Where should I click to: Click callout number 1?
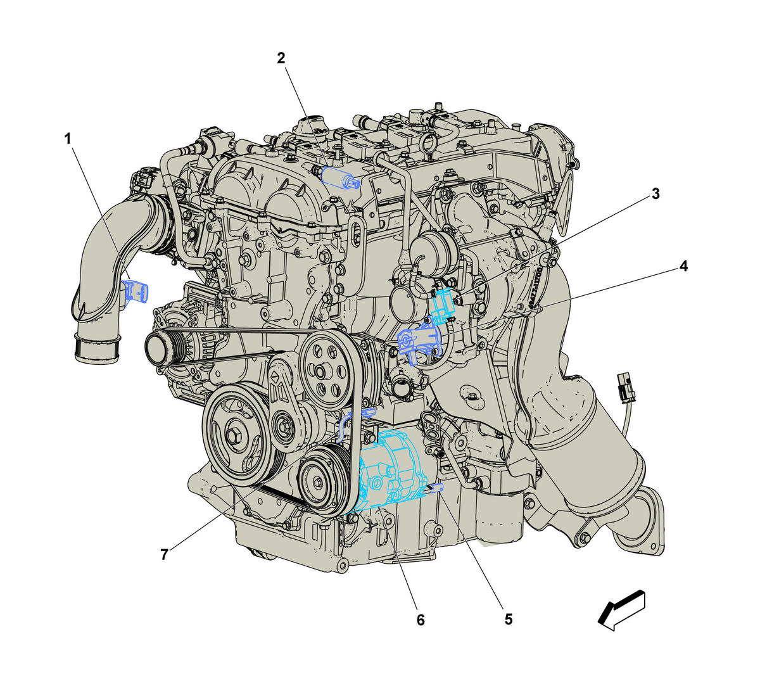tap(68, 139)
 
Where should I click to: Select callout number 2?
tap(281, 58)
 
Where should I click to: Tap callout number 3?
tap(655, 194)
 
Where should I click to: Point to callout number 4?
tap(683, 266)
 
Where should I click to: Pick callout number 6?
tap(421, 620)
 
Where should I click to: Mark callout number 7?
tap(164, 555)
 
